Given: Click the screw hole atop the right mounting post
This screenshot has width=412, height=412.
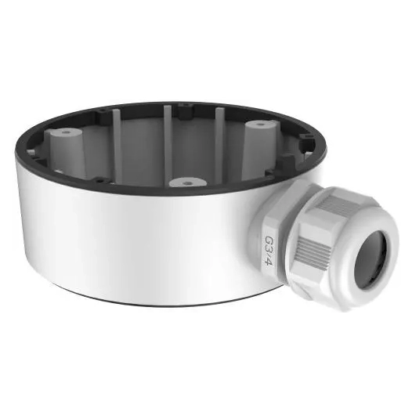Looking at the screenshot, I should pos(257,124).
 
